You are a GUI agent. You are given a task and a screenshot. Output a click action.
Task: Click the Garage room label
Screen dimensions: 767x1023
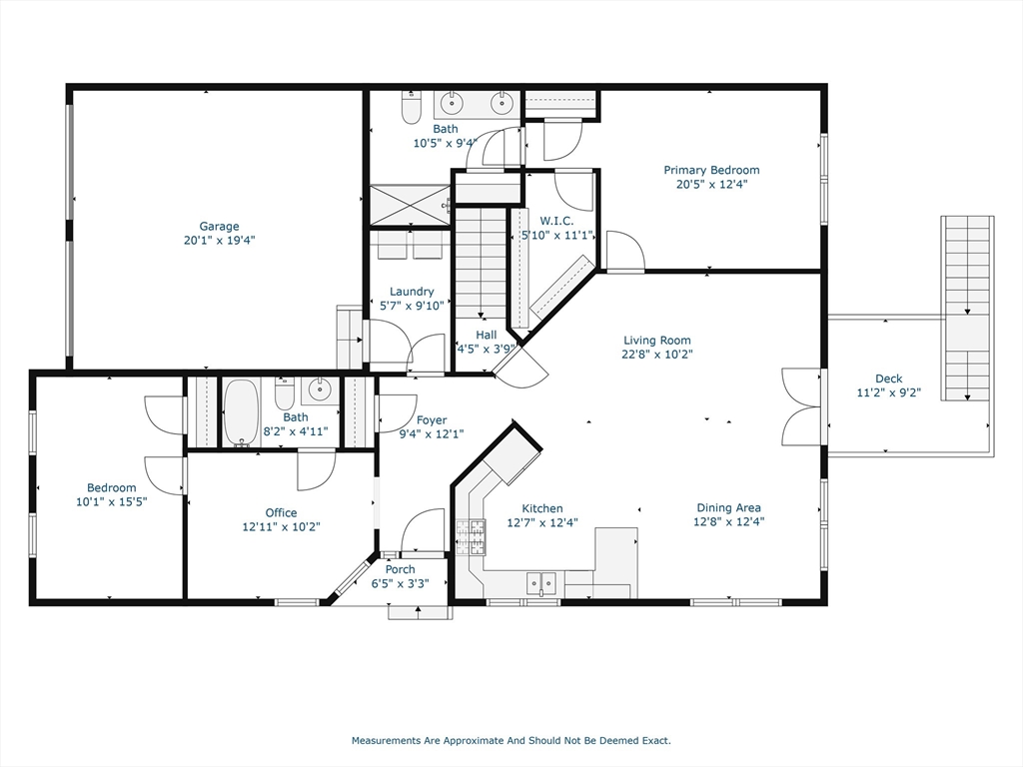coord(219,227)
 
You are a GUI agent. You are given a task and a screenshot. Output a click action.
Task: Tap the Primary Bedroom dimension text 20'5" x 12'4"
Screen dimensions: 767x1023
coord(711,184)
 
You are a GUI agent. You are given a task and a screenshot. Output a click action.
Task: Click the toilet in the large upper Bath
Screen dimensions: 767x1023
coord(411,107)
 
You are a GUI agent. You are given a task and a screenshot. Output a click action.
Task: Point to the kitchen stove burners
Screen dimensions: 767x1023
coord(470,537)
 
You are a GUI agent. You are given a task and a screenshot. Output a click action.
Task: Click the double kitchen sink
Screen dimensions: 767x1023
coord(542,581)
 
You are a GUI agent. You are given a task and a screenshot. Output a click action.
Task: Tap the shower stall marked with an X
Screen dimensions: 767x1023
coord(411,206)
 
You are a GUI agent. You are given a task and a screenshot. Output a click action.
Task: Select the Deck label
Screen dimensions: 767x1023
coord(888,379)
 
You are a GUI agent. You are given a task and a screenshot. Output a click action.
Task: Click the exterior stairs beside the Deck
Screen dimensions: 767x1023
coord(968,300)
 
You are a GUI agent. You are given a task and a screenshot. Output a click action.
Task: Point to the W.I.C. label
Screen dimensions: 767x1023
coord(556,221)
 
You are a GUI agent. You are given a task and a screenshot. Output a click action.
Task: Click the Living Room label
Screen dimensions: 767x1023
coord(657,341)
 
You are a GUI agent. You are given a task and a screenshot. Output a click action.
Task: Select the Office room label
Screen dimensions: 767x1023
coord(281,513)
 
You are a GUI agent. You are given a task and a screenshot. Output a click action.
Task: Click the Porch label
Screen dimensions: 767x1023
coord(400,570)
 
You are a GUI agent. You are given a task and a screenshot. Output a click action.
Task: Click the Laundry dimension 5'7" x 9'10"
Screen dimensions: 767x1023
coord(412,306)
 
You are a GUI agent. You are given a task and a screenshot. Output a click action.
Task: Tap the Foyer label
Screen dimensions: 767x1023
coord(432,420)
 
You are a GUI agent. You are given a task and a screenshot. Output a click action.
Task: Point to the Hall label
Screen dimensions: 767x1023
coord(487,336)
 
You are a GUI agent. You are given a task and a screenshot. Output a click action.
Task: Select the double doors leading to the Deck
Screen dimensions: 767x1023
coord(802,407)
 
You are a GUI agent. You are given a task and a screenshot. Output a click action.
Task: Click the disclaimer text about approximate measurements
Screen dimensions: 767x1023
coord(511,741)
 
